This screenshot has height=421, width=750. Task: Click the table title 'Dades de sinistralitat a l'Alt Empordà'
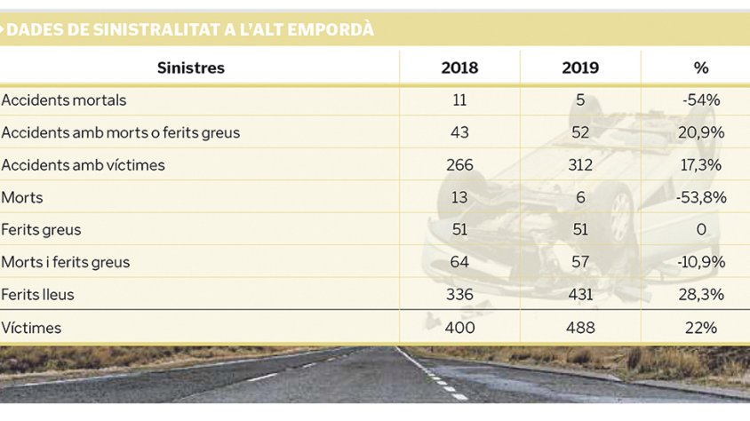point(189,30)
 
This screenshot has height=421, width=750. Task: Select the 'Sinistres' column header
point(191,68)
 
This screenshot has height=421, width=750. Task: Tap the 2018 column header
point(459,68)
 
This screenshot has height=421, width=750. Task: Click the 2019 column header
point(580,68)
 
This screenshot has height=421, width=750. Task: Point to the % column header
point(701,68)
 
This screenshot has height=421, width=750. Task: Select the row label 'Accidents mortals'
point(64,100)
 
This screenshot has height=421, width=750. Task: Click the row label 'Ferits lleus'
point(37,294)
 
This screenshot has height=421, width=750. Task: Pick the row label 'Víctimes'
point(32,328)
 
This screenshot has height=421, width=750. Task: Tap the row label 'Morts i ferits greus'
point(66,262)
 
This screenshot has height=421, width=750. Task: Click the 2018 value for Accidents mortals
point(459,100)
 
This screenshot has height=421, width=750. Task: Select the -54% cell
point(701,100)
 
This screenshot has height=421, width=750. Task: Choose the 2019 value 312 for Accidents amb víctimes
point(580,165)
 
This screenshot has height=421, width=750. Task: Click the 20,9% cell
point(701,132)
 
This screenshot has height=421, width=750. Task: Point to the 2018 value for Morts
point(459,197)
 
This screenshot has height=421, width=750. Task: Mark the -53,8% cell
point(701,197)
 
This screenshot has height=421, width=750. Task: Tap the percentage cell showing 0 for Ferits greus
point(701,229)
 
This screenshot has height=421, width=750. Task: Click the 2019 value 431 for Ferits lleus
point(580,294)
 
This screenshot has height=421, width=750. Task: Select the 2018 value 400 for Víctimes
point(459,328)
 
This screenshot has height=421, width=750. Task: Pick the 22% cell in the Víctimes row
point(701,328)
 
